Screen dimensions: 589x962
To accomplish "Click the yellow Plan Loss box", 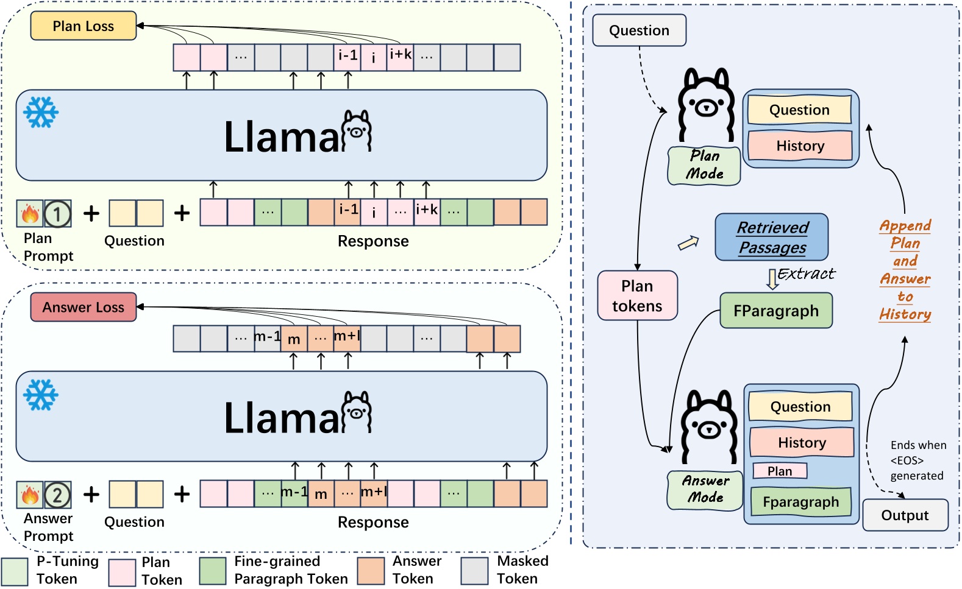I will point(84,26).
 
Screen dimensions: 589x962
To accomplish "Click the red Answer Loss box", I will point(84,307).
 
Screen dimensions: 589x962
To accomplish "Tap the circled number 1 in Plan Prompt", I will point(57,214).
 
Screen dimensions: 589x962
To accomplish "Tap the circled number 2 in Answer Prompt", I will point(57,495).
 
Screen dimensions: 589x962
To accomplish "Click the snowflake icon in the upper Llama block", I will point(41,112).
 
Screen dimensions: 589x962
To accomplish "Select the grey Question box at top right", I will point(639,30).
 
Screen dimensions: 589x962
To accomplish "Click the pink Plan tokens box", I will point(637,295).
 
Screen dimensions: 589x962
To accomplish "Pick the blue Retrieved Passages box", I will point(772,237).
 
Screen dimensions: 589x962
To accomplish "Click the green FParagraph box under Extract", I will point(775,311).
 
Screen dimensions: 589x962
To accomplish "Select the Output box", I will point(905,515).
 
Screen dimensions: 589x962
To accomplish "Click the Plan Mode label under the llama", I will point(704,165).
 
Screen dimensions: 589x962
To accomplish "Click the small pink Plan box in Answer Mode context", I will point(780,471).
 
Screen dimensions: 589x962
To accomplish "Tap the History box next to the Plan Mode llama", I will point(800,146).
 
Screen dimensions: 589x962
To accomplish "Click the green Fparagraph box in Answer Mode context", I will point(800,502).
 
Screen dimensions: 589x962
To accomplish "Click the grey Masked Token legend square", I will point(474,571).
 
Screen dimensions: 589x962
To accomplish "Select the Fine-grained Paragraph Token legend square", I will point(213,571).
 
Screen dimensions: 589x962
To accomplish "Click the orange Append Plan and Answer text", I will point(905,270).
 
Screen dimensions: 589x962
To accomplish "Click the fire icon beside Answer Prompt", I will point(30,495).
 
